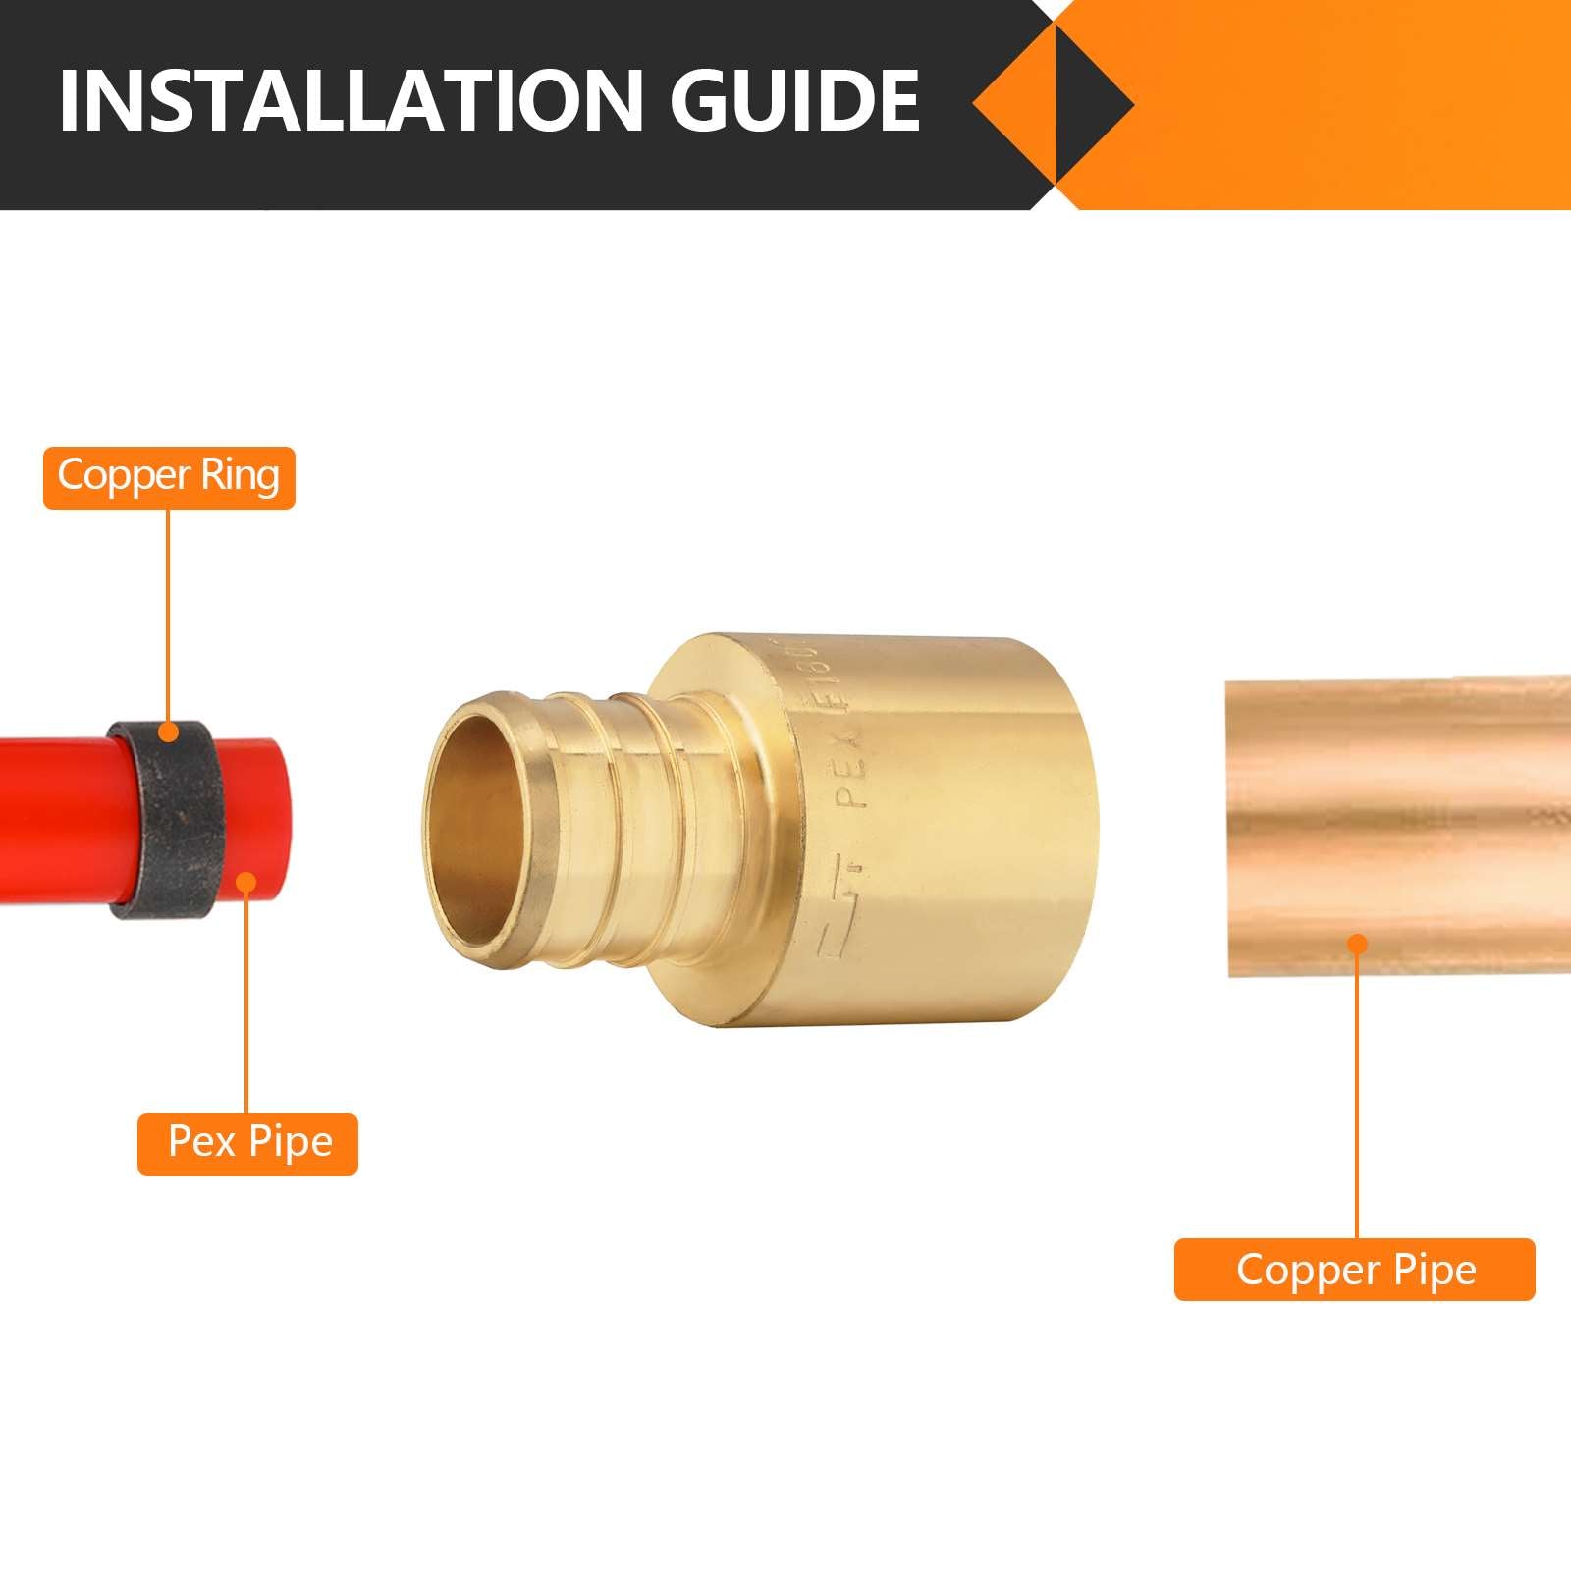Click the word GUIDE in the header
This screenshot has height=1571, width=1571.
click(795, 101)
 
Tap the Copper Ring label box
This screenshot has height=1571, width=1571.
click(169, 477)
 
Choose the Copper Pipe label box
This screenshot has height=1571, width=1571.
click(1354, 1270)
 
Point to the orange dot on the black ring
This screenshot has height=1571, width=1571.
click(169, 731)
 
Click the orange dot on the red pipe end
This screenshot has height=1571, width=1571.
click(246, 882)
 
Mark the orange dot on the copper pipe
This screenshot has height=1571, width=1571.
click(1357, 945)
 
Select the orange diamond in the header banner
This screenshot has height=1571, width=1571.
click(1053, 101)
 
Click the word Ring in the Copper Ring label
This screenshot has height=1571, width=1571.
click(240, 477)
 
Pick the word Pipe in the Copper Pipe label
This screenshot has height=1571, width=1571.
click(1435, 1270)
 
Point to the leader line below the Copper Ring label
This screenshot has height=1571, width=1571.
click(169, 619)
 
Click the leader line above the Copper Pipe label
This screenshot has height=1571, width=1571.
click(1357, 1090)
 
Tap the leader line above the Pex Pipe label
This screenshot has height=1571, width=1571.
click(246, 1002)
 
